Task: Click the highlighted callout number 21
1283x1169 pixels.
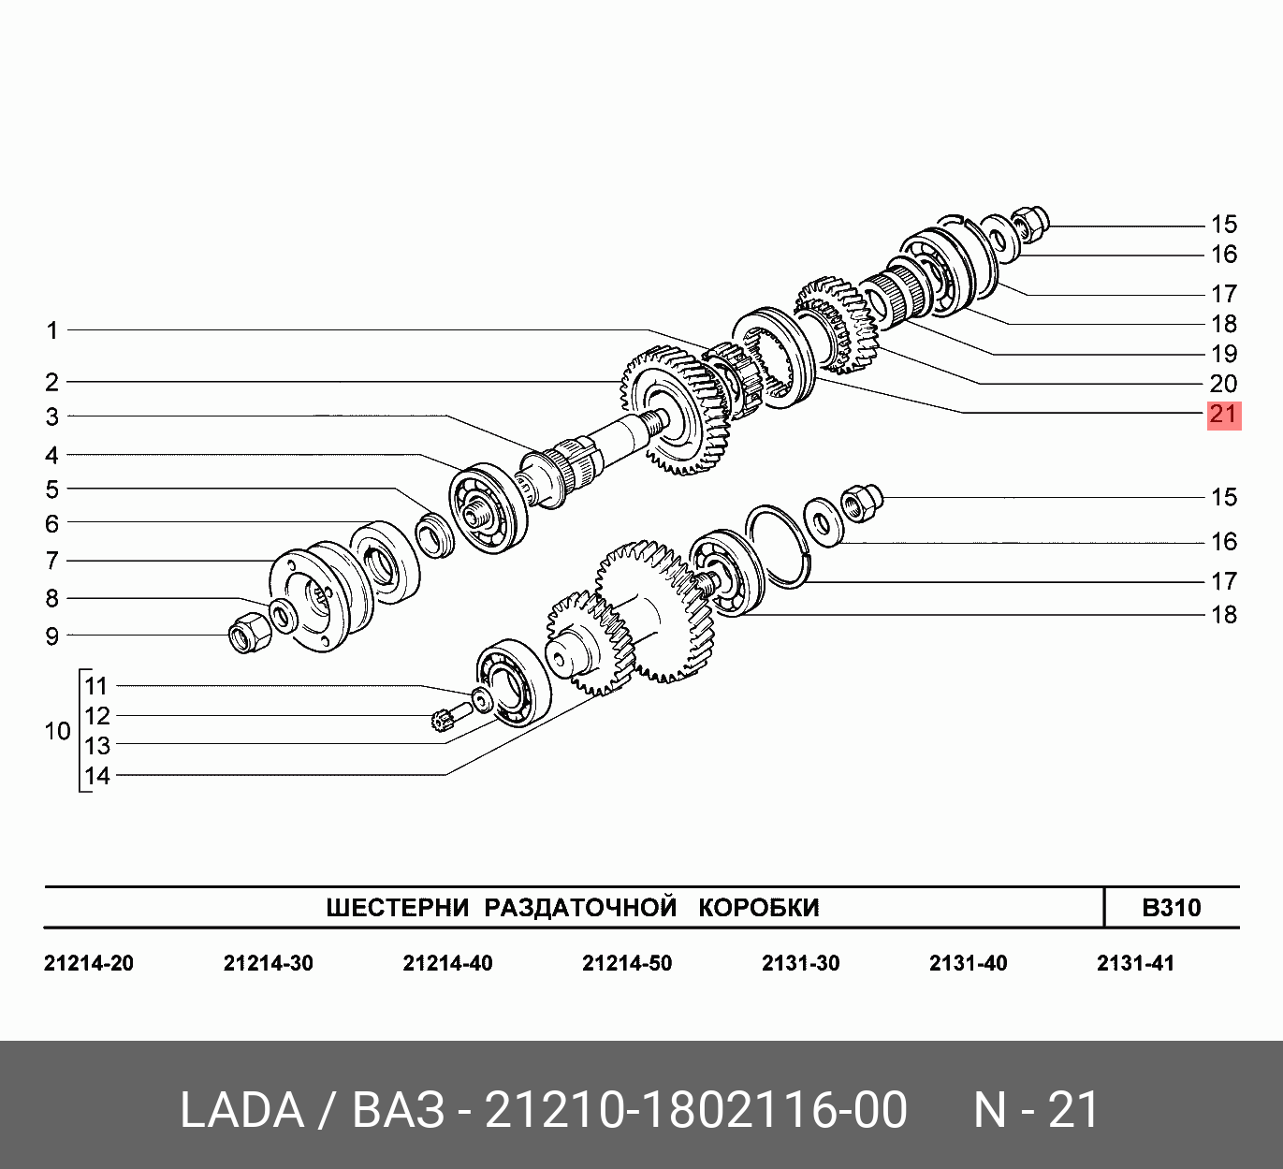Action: point(1223,416)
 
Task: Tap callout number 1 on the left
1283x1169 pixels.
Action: point(52,330)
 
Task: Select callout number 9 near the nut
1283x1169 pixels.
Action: point(51,636)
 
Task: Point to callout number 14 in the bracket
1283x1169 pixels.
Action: point(97,776)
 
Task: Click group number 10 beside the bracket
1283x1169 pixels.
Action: point(57,731)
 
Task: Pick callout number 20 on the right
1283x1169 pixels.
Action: point(1223,384)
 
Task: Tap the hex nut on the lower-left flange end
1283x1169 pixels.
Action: point(250,631)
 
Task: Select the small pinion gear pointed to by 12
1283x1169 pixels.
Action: point(444,720)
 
